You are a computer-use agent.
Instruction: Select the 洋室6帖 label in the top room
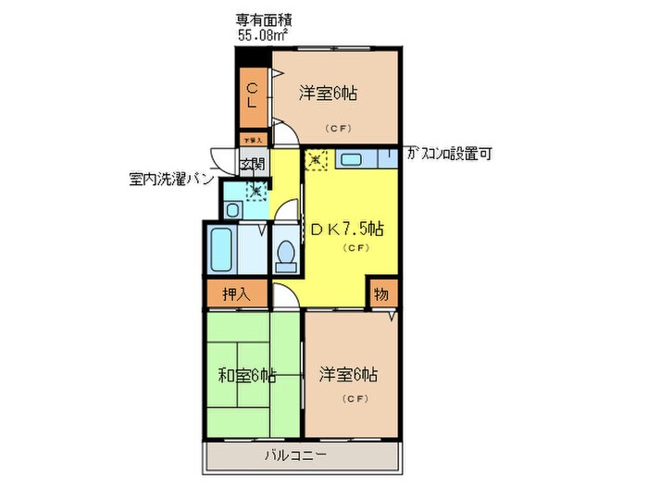329,93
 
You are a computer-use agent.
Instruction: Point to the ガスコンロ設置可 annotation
449,155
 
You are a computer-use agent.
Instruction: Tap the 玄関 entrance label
252,165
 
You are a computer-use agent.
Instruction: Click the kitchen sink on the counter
352,159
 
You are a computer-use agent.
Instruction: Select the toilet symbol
285,253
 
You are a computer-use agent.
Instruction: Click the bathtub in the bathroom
222,248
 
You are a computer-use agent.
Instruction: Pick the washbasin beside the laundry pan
232,210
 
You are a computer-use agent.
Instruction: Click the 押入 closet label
235,295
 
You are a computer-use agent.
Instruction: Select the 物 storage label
380,294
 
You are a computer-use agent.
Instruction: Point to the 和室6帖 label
246,376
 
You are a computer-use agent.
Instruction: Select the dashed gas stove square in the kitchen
317,159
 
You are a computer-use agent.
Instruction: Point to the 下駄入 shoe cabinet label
253,140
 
